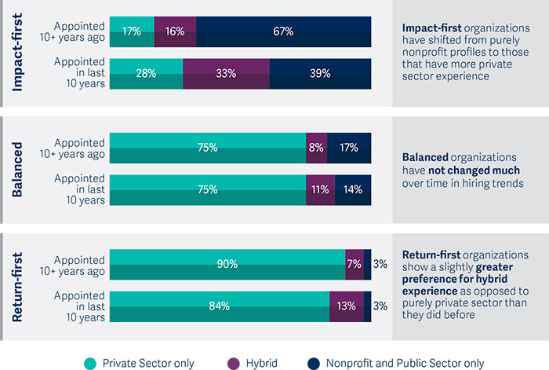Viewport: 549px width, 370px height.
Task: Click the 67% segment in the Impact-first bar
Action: click(x=283, y=32)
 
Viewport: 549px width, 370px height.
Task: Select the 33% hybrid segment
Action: click(x=226, y=73)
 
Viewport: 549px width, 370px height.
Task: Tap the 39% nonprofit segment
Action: click(x=320, y=73)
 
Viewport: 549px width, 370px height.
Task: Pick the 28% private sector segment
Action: click(x=146, y=73)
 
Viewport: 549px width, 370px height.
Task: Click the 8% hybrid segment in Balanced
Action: click(x=316, y=147)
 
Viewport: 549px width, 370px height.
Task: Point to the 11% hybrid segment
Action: click(x=320, y=189)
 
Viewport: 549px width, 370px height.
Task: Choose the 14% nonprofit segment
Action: click(x=353, y=189)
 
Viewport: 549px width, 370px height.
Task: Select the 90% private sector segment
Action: click(x=227, y=264)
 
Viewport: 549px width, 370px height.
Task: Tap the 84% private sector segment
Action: click(x=220, y=306)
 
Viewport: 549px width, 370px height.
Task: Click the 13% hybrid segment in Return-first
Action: click(x=346, y=306)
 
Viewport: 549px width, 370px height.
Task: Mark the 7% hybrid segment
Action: click(x=354, y=264)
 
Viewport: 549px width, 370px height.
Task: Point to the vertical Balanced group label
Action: click(x=19, y=169)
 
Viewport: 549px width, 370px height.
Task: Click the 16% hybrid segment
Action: click(x=175, y=32)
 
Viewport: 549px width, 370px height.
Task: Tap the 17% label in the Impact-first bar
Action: click(x=132, y=32)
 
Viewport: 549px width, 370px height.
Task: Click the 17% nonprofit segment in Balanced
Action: click(x=349, y=147)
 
